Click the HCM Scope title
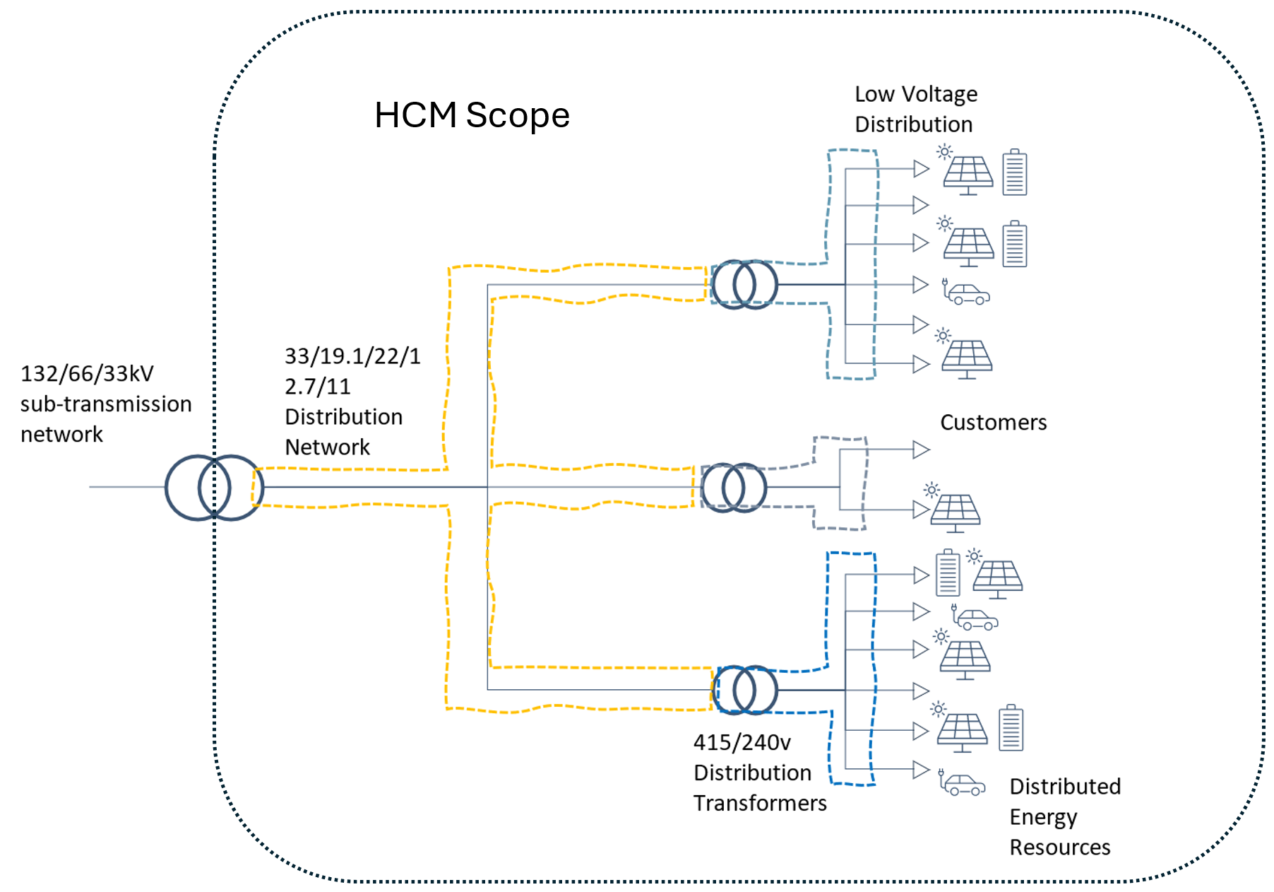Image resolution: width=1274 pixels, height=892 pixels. pos(472,115)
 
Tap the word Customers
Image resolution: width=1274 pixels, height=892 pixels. pos(993,423)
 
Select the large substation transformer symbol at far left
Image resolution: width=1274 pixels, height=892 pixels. pos(214,488)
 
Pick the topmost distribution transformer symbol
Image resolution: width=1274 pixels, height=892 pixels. pos(744,284)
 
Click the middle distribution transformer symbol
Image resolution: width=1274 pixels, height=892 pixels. pos(734,488)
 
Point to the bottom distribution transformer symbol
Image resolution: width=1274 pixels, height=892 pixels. pos(745,690)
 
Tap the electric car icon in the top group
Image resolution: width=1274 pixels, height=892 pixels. pos(968,293)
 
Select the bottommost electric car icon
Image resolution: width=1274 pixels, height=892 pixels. pos(963,785)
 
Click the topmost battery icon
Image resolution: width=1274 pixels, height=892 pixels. pos(1015,172)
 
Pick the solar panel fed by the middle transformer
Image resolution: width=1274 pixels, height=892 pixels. pos(955,512)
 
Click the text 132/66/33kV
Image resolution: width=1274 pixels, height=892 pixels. pos(87,374)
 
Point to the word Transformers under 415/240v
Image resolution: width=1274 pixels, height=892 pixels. pos(760,804)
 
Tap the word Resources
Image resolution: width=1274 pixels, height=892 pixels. pos(1059,847)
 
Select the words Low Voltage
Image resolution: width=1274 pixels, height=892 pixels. pos(916,94)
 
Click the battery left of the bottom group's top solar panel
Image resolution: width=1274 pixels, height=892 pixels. pos(948,574)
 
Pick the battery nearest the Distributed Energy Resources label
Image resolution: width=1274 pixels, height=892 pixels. pos(1011,728)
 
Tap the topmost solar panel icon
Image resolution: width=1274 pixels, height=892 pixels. pos(968,174)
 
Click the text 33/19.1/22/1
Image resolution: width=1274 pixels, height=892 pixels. pos(352,356)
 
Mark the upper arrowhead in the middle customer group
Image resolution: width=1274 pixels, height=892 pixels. pos(921,450)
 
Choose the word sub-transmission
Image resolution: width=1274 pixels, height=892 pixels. pos(106,404)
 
